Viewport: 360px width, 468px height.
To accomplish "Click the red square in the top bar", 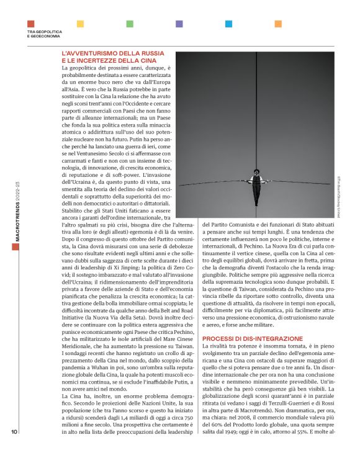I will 31,24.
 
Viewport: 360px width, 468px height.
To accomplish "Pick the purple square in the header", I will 179,24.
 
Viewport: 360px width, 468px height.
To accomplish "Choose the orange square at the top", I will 277,24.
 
